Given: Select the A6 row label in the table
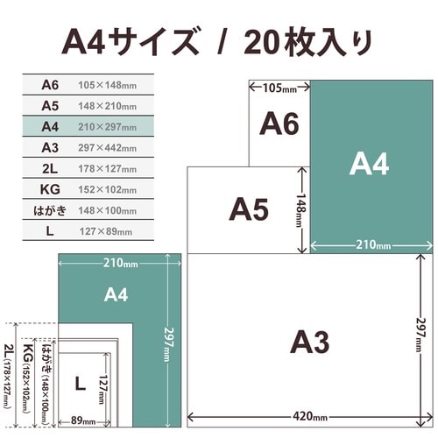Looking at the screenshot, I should pos(50,85).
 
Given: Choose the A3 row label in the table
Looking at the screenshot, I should pos(50,148).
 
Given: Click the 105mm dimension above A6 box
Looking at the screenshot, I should pos(278,88).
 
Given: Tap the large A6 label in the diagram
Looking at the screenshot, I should pos(279,124).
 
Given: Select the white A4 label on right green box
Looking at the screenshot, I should pos(369,164).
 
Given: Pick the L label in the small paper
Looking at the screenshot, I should pos(79,383).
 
